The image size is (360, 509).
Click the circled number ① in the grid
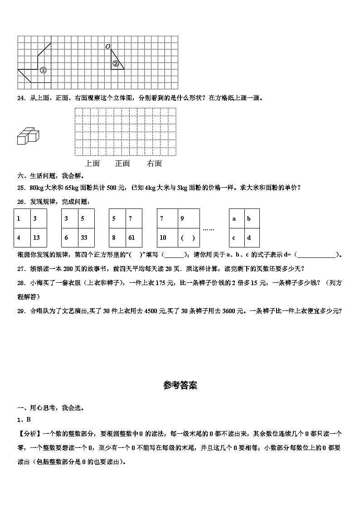point(43,70)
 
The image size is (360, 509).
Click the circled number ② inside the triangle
point(116,64)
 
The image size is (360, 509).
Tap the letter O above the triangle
point(107,47)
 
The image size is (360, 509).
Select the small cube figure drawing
point(28,135)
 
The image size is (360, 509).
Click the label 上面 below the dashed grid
point(92,164)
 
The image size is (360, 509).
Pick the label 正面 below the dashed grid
point(122,164)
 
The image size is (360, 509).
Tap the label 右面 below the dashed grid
point(154,164)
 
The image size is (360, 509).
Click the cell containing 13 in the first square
point(38,238)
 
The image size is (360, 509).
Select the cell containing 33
point(86,238)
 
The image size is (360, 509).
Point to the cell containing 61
point(133,238)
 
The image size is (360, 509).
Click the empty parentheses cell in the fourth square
point(188,238)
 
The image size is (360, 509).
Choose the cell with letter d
point(252,238)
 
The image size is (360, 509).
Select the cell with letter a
point(236,218)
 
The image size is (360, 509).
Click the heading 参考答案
point(180,386)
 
